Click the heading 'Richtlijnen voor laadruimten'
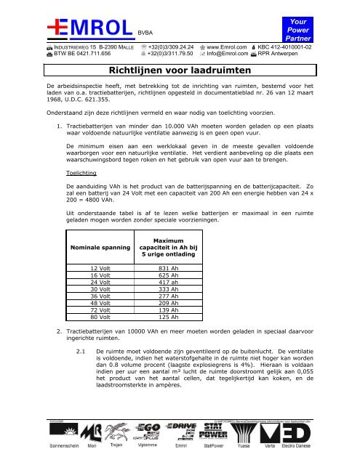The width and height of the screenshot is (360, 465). [179, 71]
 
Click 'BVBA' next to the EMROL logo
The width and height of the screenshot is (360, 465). [146, 33]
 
